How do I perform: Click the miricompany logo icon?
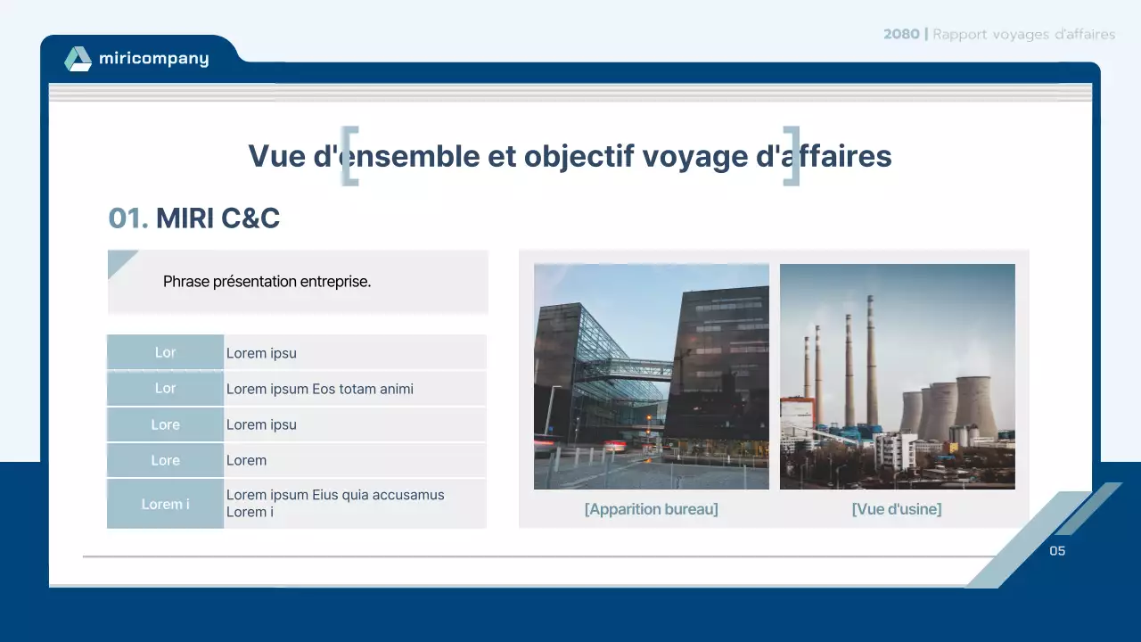click(x=78, y=59)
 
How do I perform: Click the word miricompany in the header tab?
click(x=153, y=59)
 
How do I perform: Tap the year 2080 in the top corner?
click(x=901, y=35)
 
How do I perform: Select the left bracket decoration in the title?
click(x=350, y=156)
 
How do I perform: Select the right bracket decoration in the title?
click(x=792, y=156)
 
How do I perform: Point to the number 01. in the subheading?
click(x=127, y=218)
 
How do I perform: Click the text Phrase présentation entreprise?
click(x=267, y=282)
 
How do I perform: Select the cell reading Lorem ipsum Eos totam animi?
click(x=319, y=389)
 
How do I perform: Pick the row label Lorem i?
click(x=165, y=504)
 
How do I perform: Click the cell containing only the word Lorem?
click(x=246, y=460)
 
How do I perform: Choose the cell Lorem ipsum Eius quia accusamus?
click(x=335, y=495)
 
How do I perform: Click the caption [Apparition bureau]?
click(x=651, y=509)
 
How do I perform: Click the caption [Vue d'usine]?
click(x=896, y=509)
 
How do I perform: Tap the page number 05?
click(x=1057, y=551)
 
